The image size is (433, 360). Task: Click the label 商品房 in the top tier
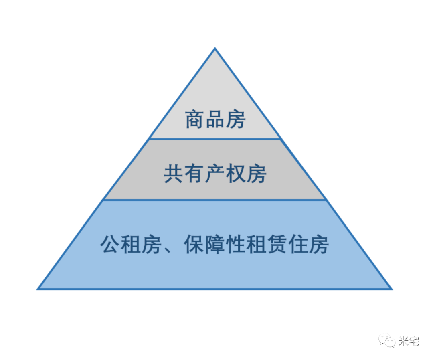(x=215, y=120)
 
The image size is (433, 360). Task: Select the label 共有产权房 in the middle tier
(x=215, y=174)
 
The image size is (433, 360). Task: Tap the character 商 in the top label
(x=194, y=120)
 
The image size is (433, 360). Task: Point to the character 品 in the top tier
(x=215, y=120)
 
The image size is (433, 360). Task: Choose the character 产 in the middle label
(x=215, y=174)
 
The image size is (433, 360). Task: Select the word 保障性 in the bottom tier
(x=214, y=244)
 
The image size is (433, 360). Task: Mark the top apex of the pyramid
(x=215, y=49)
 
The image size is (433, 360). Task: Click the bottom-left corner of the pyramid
(x=38, y=289)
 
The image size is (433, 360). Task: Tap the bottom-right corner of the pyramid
(x=391, y=289)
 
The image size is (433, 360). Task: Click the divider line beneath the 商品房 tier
(x=215, y=139)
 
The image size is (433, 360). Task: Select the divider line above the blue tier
(x=215, y=200)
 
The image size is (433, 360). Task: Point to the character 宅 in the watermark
(x=414, y=341)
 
